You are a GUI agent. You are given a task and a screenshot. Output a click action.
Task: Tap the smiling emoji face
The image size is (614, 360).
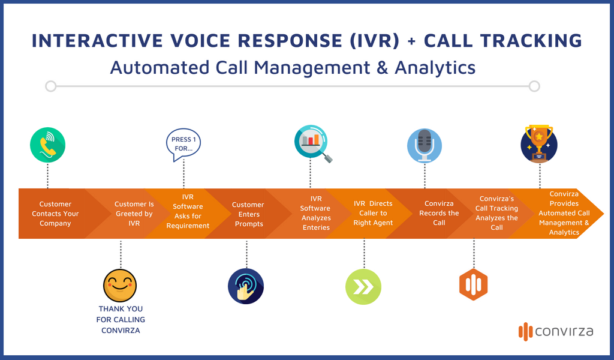121,285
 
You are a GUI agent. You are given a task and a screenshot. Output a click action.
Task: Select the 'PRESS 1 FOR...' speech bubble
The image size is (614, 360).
183,145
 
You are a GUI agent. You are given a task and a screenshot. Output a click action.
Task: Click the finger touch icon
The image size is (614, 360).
246,286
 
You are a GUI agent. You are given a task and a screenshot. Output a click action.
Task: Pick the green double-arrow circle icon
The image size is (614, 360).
363,287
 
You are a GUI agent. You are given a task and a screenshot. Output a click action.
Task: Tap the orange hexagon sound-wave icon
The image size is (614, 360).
473,285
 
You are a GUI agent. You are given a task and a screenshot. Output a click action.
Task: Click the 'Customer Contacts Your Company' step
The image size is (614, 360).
55,214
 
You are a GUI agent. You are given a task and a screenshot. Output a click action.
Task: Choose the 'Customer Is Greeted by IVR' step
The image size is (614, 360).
134,214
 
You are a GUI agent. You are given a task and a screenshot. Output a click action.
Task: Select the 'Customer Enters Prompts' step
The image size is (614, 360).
248,214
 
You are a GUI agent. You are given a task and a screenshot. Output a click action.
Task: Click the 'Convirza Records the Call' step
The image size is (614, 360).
439,214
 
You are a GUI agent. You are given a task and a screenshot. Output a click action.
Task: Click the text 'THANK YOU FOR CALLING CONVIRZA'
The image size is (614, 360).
121,319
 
